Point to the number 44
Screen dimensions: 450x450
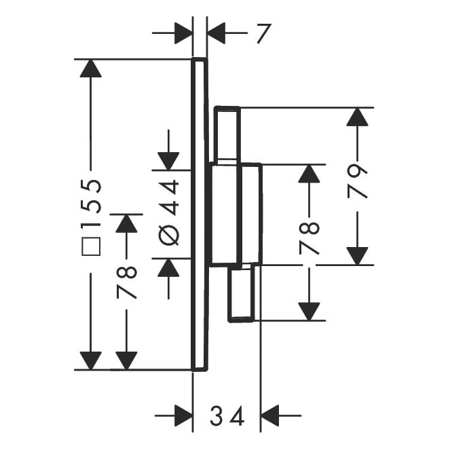click(x=168, y=196)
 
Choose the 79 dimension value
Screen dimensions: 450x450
click(x=357, y=181)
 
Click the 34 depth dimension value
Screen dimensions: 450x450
click(x=227, y=416)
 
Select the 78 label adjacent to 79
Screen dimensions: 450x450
click(x=309, y=237)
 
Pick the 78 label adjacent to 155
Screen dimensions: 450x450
click(x=126, y=282)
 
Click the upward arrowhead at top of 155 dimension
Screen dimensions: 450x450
click(x=90, y=68)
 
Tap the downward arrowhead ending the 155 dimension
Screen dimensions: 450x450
click(x=90, y=360)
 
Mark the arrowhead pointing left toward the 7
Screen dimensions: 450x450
click(x=217, y=32)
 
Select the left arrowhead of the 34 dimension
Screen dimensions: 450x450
click(x=183, y=415)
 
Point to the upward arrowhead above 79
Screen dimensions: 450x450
click(x=357, y=117)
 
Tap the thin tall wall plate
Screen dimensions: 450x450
click(x=198, y=214)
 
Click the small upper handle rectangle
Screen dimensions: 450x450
click(x=227, y=134)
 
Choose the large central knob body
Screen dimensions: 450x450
click(x=236, y=214)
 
